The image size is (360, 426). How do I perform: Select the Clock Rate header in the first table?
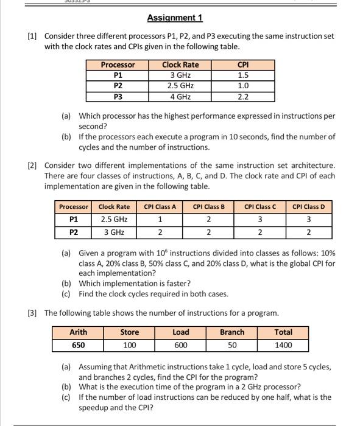point(180,65)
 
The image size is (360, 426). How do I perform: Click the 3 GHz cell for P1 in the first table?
point(180,75)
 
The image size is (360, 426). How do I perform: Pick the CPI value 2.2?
point(242,97)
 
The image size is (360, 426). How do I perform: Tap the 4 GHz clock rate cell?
point(180,97)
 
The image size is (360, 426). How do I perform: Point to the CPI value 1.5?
point(242,75)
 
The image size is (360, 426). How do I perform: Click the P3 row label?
point(118,97)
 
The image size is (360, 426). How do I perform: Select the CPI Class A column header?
point(160,207)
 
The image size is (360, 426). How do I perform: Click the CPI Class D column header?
point(308,207)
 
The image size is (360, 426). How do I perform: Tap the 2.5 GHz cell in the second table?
point(114,219)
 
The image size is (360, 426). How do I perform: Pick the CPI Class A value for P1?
point(160,219)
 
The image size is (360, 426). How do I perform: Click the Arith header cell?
point(78,332)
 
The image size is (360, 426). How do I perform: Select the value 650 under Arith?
point(78,345)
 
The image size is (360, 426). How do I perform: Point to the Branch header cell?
point(231,332)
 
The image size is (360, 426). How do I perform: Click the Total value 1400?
point(283,345)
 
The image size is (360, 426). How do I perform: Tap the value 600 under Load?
point(180,345)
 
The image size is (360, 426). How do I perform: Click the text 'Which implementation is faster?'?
point(135,283)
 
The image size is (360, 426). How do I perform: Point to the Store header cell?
point(129,332)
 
